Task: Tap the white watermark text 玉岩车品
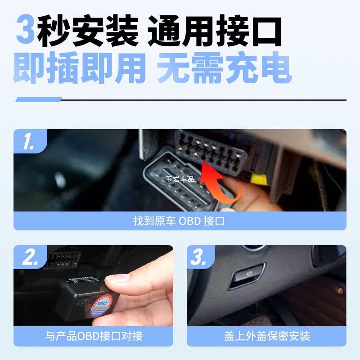(x=180, y=179)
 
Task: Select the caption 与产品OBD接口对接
(x=93, y=336)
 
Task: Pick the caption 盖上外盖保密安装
(x=266, y=336)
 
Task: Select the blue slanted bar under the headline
(x=38, y=99)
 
